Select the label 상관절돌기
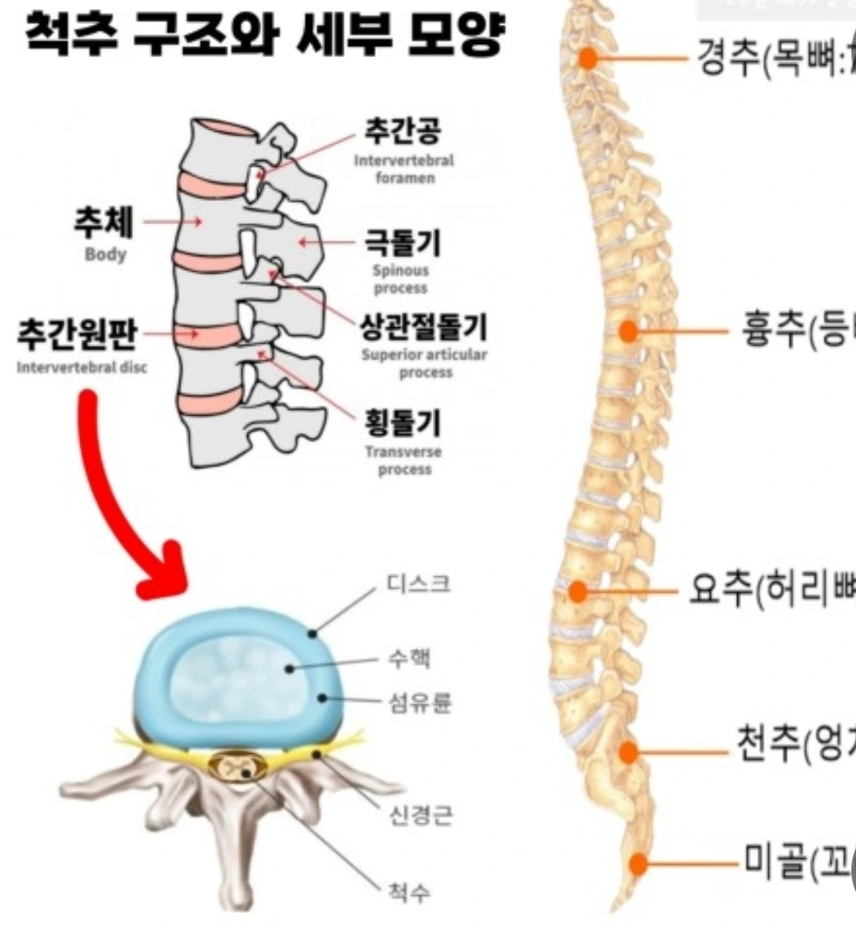click(424, 327)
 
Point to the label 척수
click(406, 893)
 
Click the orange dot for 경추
click(588, 60)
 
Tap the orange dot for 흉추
click(628, 332)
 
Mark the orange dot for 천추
click(628, 752)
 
